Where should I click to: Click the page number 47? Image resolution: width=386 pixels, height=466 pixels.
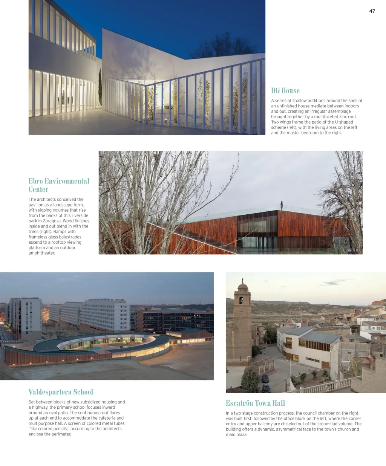coord(372,11)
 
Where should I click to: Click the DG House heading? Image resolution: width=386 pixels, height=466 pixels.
coord(285,91)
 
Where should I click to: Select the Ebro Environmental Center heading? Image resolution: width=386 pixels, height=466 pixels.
coord(59,185)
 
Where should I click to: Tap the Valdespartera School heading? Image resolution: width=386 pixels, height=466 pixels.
coord(61,392)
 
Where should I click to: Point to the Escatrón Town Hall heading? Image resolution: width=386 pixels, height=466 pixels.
coord(255,403)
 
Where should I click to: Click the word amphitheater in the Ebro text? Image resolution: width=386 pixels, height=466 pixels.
coord(42,253)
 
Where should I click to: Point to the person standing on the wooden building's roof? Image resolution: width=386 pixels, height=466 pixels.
coord(282,205)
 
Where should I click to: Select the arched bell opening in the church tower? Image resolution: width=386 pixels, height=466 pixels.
coord(241,300)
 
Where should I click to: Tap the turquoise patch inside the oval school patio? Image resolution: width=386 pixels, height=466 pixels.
coord(97,348)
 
